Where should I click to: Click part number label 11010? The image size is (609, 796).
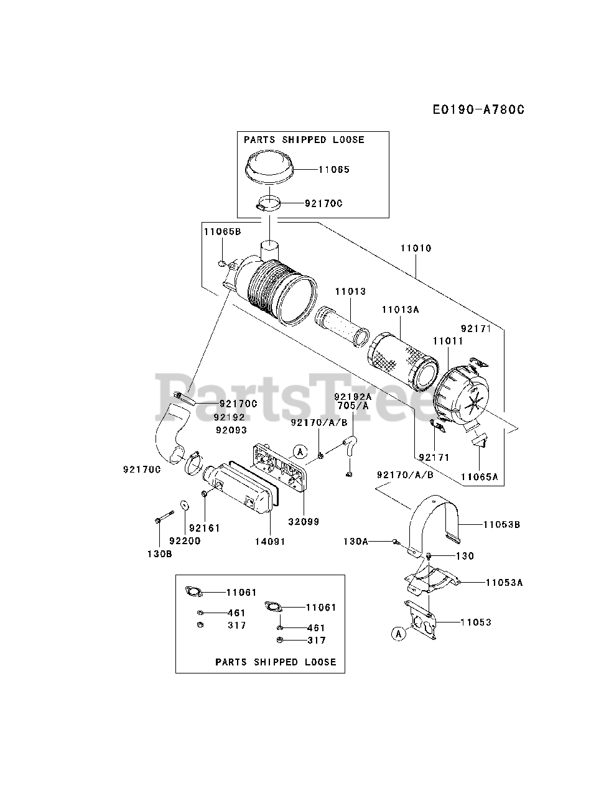pyautogui.click(x=416, y=248)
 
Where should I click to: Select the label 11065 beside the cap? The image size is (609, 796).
pyautogui.click(x=334, y=169)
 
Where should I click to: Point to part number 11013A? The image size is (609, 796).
pyautogui.click(x=400, y=309)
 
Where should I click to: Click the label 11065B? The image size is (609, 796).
pyautogui.click(x=221, y=231)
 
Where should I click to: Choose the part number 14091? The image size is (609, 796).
pyautogui.click(x=269, y=541)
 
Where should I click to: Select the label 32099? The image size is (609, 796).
pyautogui.click(x=304, y=522)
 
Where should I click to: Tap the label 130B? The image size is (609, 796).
pyautogui.click(x=160, y=553)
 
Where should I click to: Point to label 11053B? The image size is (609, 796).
pyautogui.click(x=501, y=524)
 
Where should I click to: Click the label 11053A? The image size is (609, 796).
pyautogui.click(x=504, y=583)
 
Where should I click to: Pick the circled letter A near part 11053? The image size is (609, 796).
pyautogui.click(x=398, y=634)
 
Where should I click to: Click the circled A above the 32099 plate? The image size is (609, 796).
pyautogui.click(x=300, y=451)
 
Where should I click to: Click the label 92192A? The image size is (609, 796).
pyautogui.click(x=352, y=396)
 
